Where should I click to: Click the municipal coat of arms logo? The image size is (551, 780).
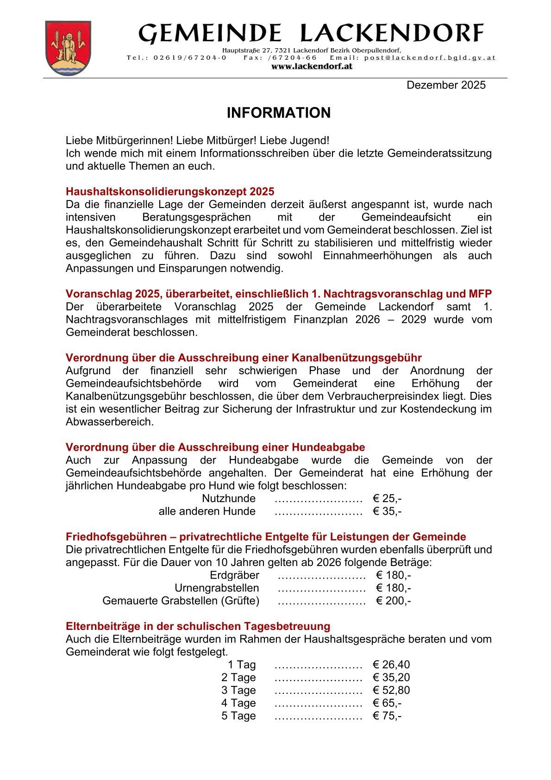(x=68, y=48)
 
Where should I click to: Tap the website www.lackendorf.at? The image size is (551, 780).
(x=312, y=66)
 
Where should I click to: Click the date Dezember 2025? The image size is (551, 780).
(x=446, y=85)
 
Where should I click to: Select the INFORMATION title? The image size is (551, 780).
(x=278, y=113)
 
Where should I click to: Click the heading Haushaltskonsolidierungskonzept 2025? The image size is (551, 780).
(x=170, y=192)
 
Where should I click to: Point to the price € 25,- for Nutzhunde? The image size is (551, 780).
(x=387, y=499)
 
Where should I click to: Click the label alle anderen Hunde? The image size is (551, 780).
(x=207, y=511)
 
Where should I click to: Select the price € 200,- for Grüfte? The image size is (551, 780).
(x=394, y=601)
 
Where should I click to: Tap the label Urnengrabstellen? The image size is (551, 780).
(x=217, y=588)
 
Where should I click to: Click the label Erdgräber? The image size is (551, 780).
(x=234, y=575)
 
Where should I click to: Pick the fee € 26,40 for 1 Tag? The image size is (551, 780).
(x=391, y=665)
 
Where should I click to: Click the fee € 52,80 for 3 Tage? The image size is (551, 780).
(x=391, y=690)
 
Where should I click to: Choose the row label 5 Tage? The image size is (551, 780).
(x=238, y=716)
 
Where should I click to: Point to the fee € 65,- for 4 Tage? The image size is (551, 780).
(x=387, y=703)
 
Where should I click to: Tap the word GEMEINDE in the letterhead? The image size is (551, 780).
(x=210, y=34)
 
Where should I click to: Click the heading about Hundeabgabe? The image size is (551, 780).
(x=215, y=447)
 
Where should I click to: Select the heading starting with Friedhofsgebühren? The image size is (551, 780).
(x=266, y=537)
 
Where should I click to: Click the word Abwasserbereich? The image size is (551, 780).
(x=109, y=422)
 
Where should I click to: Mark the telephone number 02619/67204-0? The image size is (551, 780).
(x=190, y=58)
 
